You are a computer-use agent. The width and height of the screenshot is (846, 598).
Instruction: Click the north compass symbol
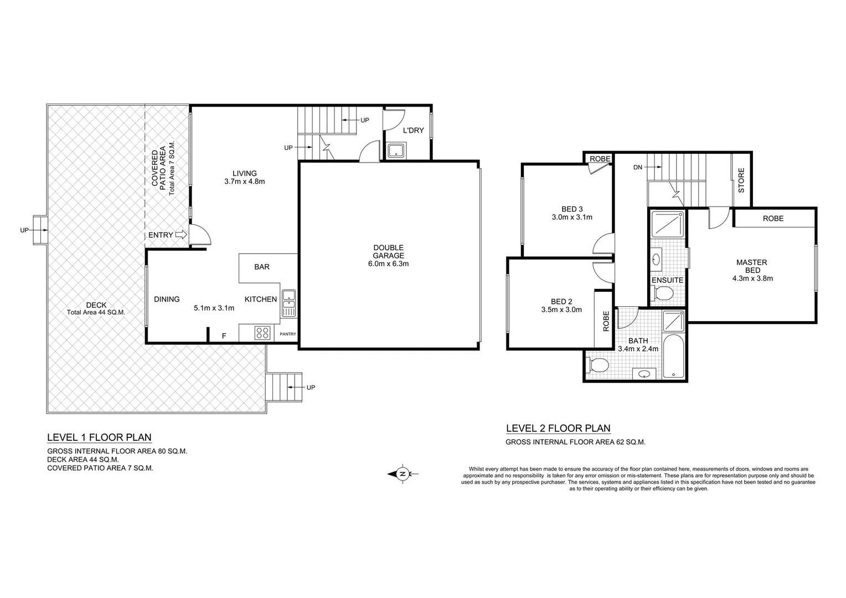(403, 473)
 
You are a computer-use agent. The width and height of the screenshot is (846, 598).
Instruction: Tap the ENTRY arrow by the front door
(180, 235)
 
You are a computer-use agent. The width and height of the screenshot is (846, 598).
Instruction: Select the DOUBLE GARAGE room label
(388, 256)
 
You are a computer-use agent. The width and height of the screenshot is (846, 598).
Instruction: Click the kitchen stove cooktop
(262, 333)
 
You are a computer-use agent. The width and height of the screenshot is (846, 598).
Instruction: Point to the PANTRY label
(288, 334)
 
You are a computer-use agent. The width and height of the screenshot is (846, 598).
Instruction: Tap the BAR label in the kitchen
(262, 267)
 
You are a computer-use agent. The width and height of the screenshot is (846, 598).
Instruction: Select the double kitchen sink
(288, 303)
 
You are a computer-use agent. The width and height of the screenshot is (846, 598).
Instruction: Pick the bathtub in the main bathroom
(674, 357)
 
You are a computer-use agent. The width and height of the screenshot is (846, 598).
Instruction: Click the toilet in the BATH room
(597, 365)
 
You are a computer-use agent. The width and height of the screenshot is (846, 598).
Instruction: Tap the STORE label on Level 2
(741, 181)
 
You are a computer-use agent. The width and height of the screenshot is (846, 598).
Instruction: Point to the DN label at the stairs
(637, 167)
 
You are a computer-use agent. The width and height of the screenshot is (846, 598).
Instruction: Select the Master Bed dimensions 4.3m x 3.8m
(752, 279)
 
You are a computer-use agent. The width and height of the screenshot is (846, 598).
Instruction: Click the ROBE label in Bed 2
(606, 321)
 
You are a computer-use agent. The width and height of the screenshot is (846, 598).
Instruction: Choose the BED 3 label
(572, 209)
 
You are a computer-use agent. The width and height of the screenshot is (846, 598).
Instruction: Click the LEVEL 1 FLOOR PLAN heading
(99, 437)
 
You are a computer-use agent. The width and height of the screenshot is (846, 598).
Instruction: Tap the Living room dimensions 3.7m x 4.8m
(244, 181)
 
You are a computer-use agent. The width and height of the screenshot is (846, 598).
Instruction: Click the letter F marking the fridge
(224, 336)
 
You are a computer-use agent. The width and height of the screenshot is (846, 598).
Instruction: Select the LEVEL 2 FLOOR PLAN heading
(558, 428)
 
